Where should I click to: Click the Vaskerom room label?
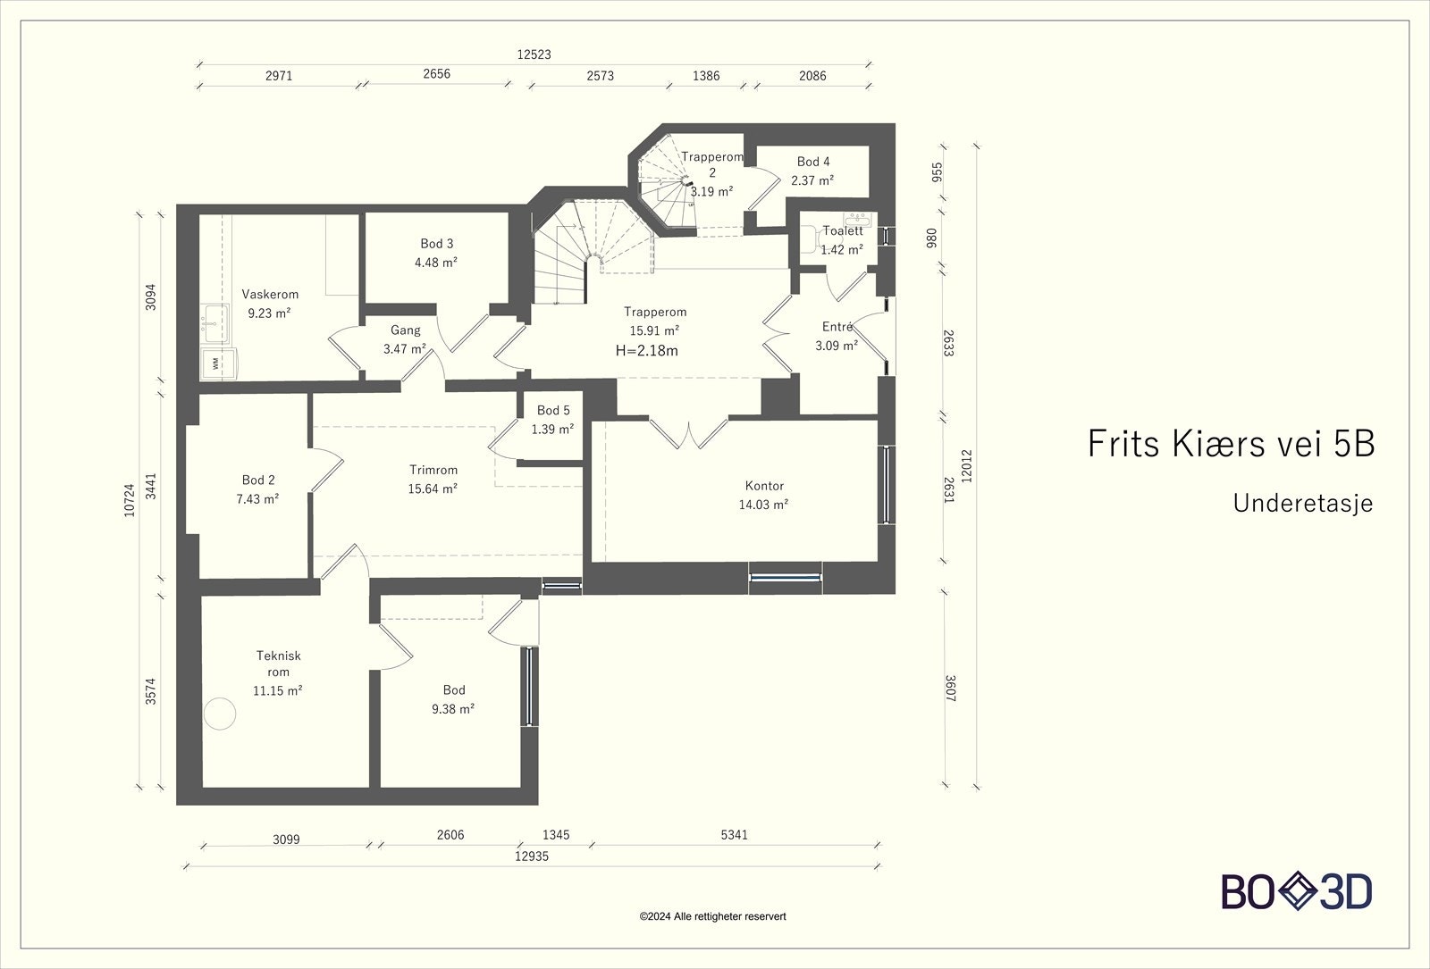pyautogui.click(x=270, y=294)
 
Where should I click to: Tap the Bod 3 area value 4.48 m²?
pyautogui.click(x=436, y=263)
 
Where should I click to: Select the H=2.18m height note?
pyautogui.click(x=647, y=350)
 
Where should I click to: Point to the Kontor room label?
pyautogui.click(x=764, y=486)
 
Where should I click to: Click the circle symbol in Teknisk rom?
pyautogui.click(x=220, y=714)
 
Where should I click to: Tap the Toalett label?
pyautogui.click(x=843, y=231)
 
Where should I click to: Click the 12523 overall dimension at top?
pyautogui.click(x=534, y=54)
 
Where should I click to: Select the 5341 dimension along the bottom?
pyautogui.click(x=734, y=834)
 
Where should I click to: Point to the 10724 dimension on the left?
pyautogui.click(x=130, y=500)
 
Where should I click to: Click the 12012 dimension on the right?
pyautogui.click(x=966, y=466)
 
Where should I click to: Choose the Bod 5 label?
pyautogui.click(x=553, y=410)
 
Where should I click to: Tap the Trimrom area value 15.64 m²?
pyautogui.click(x=433, y=489)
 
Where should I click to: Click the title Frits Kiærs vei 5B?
pyautogui.click(x=1231, y=443)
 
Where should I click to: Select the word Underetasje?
pyautogui.click(x=1303, y=504)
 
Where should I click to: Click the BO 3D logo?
pyautogui.click(x=1297, y=891)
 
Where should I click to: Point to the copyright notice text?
pyautogui.click(x=712, y=916)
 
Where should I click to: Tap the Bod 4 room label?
pyautogui.click(x=812, y=162)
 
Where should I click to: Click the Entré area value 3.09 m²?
pyautogui.click(x=837, y=346)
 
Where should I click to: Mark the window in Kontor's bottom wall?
pyautogui.click(x=786, y=578)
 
